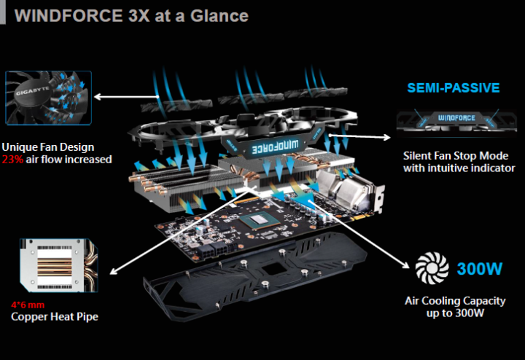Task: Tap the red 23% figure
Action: pos(12,159)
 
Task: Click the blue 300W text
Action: pos(480,269)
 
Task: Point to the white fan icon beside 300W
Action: pos(432,268)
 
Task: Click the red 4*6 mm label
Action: pos(26,305)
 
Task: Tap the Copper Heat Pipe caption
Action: pos(55,317)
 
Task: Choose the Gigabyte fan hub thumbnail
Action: pos(47,101)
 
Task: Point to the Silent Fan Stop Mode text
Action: pos(459,155)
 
